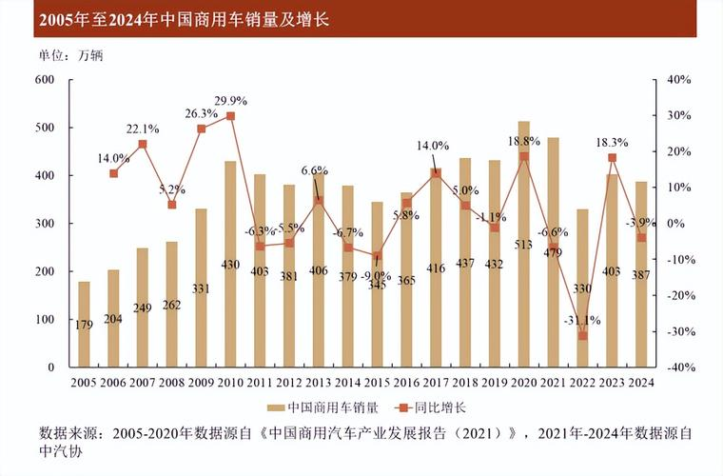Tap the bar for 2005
pos(84,324)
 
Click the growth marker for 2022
pos(582,335)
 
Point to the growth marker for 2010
pos(230,116)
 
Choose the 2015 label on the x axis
pos(377,383)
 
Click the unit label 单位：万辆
pos(70,54)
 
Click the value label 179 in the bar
pos(84,326)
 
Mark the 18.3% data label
pos(612,142)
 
